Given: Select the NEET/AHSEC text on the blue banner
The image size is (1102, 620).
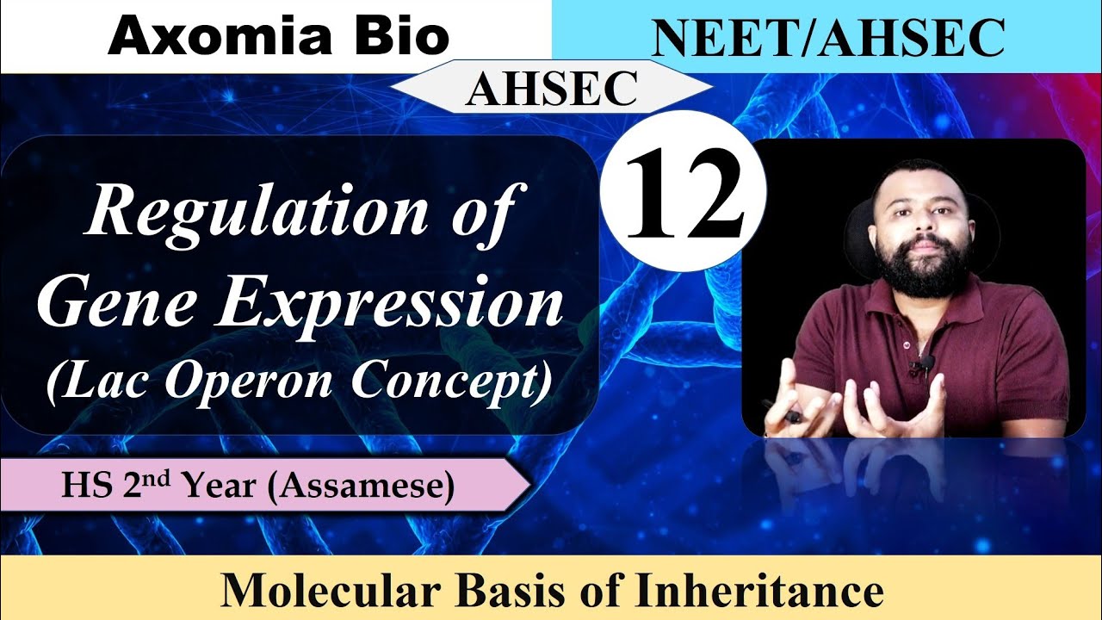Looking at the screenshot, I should pos(826,39).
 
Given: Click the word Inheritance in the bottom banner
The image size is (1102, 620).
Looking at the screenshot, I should pos(763,592).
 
